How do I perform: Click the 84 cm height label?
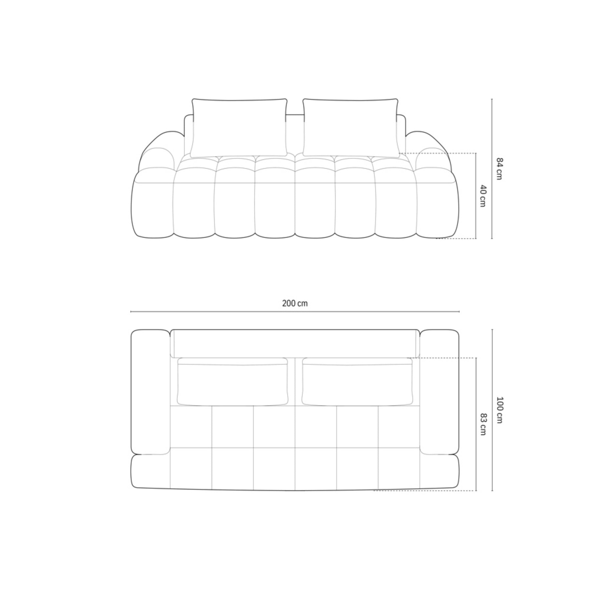499,169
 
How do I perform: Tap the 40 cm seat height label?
482,196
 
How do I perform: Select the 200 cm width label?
295,303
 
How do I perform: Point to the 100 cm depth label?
499,410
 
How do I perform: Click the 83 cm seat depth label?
482,424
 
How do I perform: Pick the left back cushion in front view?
239,128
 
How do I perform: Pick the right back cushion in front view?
351,128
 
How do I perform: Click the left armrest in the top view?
150,392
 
